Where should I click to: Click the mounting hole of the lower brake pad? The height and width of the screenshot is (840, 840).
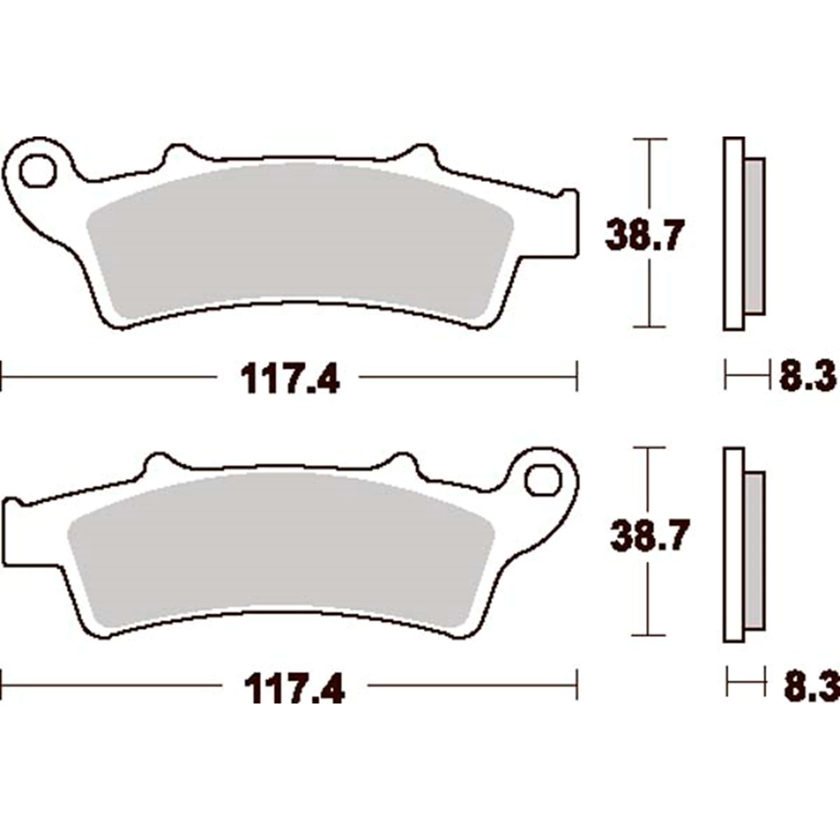pos(543,481)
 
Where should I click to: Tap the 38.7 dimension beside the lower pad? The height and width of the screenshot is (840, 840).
pos(649,535)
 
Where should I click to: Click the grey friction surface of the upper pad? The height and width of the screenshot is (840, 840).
pos(297,236)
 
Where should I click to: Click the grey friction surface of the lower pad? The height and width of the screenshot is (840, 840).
pos(280,547)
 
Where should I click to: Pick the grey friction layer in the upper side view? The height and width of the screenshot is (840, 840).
pos(754,236)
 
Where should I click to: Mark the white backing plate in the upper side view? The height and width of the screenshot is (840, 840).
pos(734,236)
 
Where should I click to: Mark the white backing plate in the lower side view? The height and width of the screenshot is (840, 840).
pos(734,547)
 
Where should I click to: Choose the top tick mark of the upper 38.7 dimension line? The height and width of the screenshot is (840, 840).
pos(650,139)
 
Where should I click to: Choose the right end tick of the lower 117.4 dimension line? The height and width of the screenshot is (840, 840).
pos(577,684)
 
